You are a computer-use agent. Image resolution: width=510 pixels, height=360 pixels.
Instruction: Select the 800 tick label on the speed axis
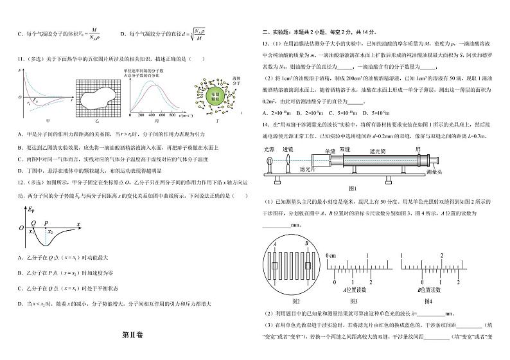(x=173, y=117)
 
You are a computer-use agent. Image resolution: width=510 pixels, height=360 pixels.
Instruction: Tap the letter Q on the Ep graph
(x=31, y=226)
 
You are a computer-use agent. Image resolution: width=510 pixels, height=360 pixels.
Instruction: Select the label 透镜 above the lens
(x=289, y=148)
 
